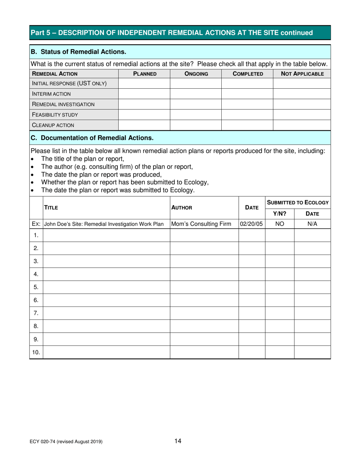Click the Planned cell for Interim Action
click(x=144, y=94)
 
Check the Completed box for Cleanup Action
click(x=247, y=125)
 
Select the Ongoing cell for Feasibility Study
click(x=196, y=114)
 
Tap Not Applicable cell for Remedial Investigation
click(x=302, y=104)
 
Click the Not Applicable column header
click(x=302, y=73)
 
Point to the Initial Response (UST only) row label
click(x=69, y=83)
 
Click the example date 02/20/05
click(x=252, y=224)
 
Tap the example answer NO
click(x=280, y=224)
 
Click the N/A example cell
click(x=312, y=224)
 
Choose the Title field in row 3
click(x=106, y=261)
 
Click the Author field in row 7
click(x=204, y=313)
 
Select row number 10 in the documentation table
click(x=36, y=352)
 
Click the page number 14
click(x=178, y=441)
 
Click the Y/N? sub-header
click(x=280, y=213)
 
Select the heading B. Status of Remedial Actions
click(x=78, y=51)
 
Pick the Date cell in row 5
click(x=252, y=287)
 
